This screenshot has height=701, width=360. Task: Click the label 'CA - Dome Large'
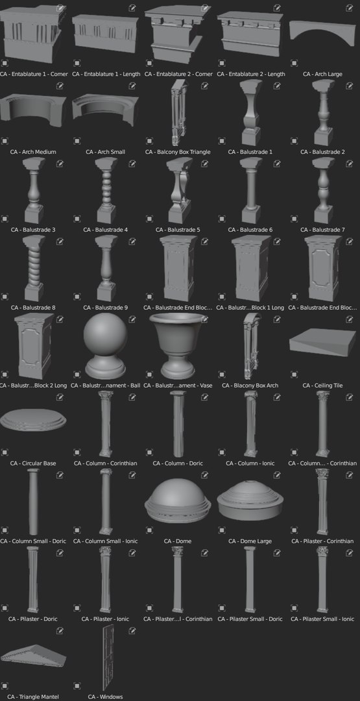coord(250,541)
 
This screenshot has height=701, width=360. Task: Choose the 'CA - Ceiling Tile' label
coord(322,386)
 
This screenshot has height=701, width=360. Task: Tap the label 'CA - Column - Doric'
coord(178,463)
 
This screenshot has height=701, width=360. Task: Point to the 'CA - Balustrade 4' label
coord(106,230)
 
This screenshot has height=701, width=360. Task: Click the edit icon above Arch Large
coord(350,8)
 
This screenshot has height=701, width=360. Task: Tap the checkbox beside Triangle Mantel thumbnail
coord(4,685)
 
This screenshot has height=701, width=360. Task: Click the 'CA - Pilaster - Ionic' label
coord(106,619)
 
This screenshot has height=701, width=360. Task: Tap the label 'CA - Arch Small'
coord(106,152)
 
